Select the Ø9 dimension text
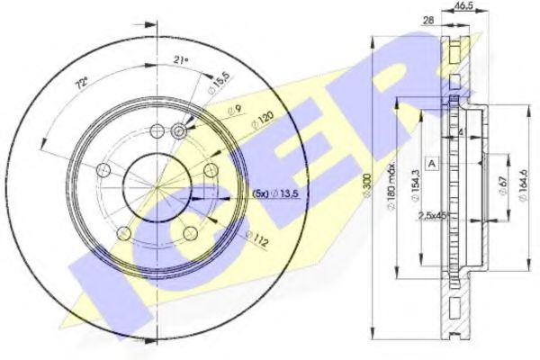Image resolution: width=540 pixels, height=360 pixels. coord(232,110)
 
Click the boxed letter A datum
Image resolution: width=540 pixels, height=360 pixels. coord(433,163)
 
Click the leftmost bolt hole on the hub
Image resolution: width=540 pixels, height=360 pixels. coord(102,169)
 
